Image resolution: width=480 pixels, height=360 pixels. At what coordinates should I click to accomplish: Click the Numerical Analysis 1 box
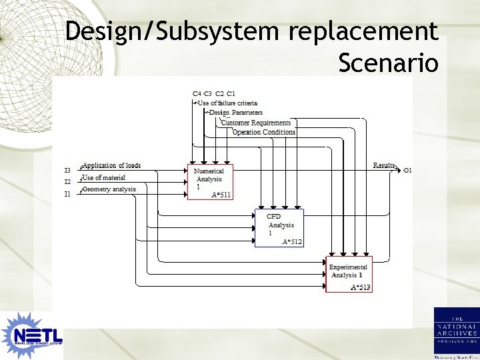[x=211, y=181]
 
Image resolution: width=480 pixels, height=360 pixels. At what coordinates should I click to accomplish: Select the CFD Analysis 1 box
[x=279, y=227]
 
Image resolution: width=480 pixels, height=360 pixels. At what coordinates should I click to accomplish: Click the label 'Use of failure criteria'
[x=227, y=103]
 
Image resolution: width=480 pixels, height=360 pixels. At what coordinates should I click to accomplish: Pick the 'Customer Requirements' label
[x=256, y=123]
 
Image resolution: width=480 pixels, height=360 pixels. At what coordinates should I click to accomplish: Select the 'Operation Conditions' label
[x=264, y=132]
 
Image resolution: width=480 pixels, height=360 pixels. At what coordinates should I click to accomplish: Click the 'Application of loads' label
[x=112, y=165]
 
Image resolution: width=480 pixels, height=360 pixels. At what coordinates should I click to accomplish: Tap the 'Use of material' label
[x=103, y=177]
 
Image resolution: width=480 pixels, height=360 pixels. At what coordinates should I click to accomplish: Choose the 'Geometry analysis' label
[x=109, y=189]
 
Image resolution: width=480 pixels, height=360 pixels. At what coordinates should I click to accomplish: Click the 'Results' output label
[x=384, y=165]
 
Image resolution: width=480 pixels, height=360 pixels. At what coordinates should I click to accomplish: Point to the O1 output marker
[x=407, y=171]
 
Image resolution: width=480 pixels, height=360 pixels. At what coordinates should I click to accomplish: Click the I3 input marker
[x=67, y=170]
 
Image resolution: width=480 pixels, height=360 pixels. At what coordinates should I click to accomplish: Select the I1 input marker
[x=67, y=194]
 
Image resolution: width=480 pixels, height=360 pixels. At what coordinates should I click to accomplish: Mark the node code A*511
[x=221, y=195]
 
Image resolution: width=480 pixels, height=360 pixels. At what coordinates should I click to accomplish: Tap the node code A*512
[x=292, y=242]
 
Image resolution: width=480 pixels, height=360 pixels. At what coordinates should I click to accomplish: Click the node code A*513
[x=361, y=287]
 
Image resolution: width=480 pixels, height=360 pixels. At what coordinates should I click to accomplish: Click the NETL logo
[x=32, y=333]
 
